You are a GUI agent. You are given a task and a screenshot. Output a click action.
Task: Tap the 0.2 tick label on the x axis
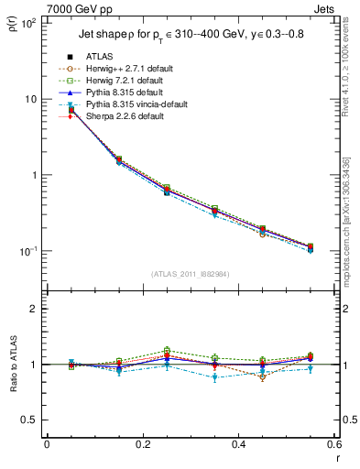[142, 445]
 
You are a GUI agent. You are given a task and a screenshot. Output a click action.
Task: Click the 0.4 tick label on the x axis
[238, 445]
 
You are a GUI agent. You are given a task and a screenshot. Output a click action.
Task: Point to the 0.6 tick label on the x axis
[333, 445]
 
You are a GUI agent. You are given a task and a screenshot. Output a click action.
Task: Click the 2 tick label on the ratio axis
[36, 310]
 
